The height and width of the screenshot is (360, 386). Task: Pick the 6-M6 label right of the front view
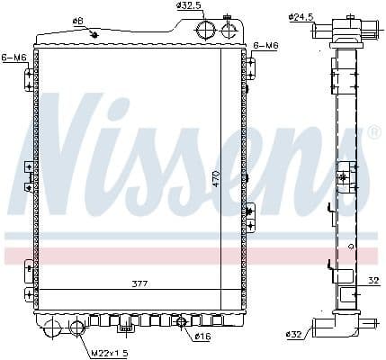coord(266,45)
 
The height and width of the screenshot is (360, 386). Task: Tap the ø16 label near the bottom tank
coord(202,337)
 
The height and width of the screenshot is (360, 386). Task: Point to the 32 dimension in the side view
coord(372,280)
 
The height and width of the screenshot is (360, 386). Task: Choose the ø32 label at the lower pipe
coord(294,335)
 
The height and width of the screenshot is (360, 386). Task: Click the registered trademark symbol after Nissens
coord(374,132)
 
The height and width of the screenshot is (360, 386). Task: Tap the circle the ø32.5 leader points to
coord(207,30)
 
